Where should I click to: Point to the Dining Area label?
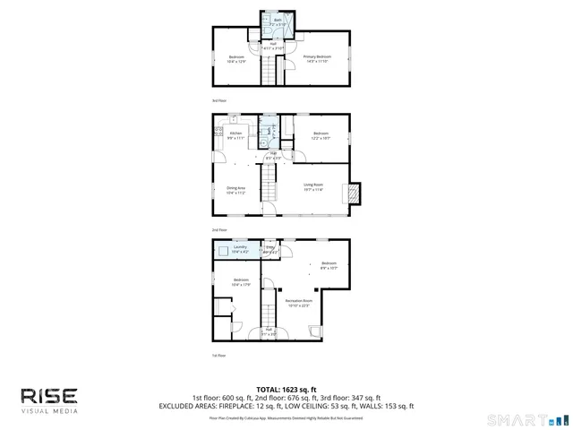(235, 190)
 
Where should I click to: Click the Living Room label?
(312, 187)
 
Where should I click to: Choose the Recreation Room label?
(299, 302)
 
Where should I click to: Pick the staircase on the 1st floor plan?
(267, 314)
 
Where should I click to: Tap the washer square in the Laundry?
(223, 252)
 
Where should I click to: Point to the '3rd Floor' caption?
(218, 100)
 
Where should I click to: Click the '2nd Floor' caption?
(218, 230)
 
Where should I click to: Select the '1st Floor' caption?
(218, 356)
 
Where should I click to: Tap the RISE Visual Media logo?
(49, 399)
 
